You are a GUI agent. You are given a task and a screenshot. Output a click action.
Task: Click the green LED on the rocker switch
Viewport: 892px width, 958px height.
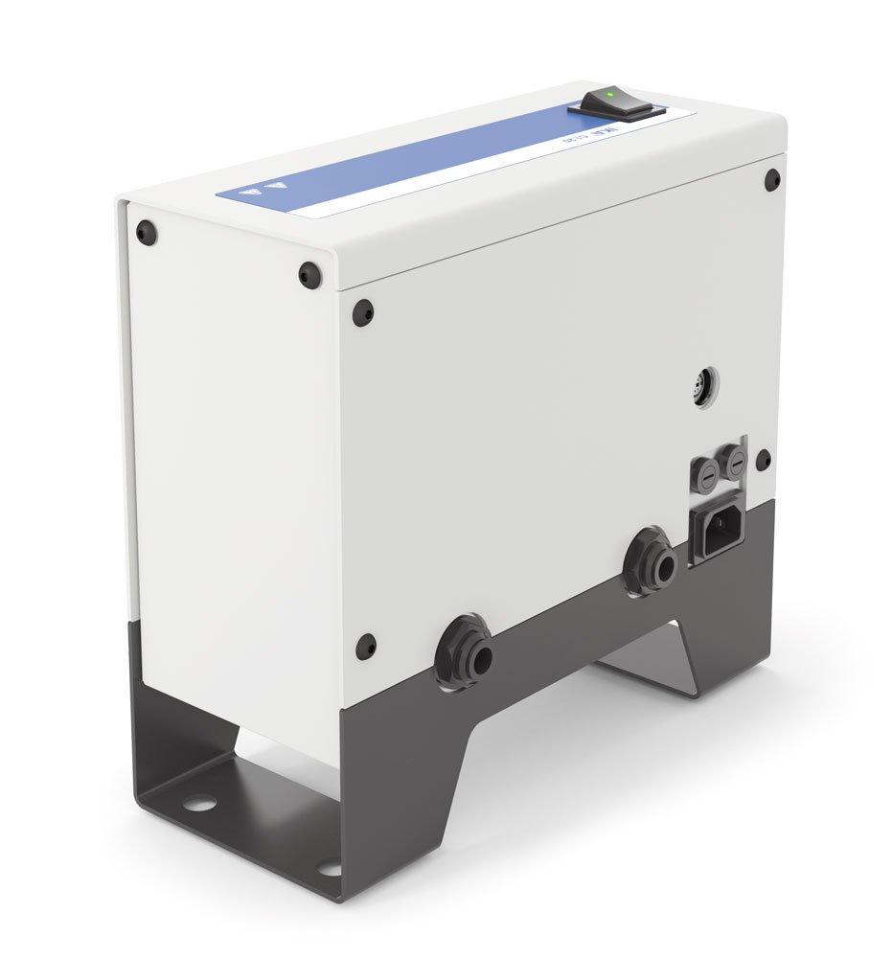click(610, 95)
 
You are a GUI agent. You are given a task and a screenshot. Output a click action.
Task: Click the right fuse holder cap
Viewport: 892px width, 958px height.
click(735, 467)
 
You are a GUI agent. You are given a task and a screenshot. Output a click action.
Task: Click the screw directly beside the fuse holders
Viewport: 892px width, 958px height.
click(763, 460)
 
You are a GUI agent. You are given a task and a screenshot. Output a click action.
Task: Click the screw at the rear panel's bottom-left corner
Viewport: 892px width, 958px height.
click(366, 646)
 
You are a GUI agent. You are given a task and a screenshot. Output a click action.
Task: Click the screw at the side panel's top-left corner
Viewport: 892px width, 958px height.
click(145, 232)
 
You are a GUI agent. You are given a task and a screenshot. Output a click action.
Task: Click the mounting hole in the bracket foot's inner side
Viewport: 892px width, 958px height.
click(197, 803)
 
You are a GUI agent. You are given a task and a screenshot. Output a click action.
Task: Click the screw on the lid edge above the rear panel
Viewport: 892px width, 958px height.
click(309, 275)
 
